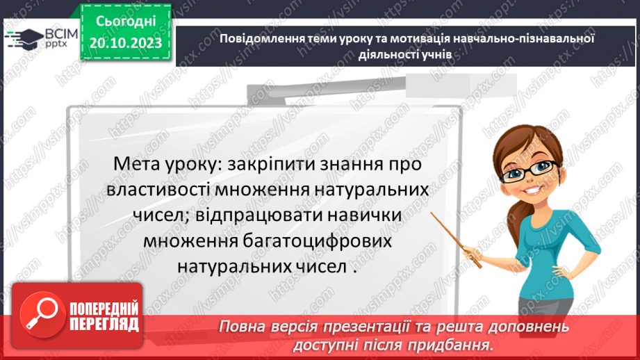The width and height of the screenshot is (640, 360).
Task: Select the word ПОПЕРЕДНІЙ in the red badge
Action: pos(104,308)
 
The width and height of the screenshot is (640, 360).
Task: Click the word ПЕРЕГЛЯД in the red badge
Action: pos(104,323)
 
